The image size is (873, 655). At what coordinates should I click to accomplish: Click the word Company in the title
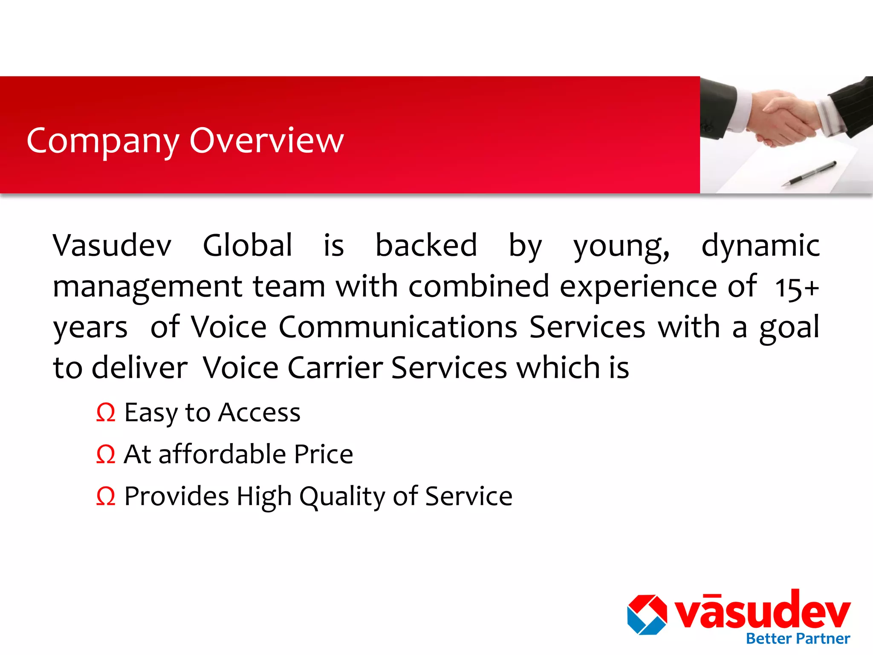coord(103,142)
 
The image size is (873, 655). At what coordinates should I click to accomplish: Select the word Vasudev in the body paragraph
coord(112,246)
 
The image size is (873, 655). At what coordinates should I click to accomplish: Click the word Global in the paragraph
coord(247,246)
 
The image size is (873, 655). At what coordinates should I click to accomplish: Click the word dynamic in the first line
coord(760,246)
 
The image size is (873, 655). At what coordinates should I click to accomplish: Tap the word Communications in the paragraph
coord(398,327)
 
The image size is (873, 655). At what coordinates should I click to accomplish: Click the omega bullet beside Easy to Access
coord(106,413)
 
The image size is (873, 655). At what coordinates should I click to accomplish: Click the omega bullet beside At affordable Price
coord(106,455)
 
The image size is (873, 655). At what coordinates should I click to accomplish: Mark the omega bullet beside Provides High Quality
coord(106,496)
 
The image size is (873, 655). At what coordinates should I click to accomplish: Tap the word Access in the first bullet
coord(260,413)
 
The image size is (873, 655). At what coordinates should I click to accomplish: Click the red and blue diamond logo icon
coord(647,614)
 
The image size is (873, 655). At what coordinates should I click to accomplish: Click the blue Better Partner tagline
coord(798,639)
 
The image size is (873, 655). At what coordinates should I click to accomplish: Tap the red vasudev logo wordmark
coord(763,611)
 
